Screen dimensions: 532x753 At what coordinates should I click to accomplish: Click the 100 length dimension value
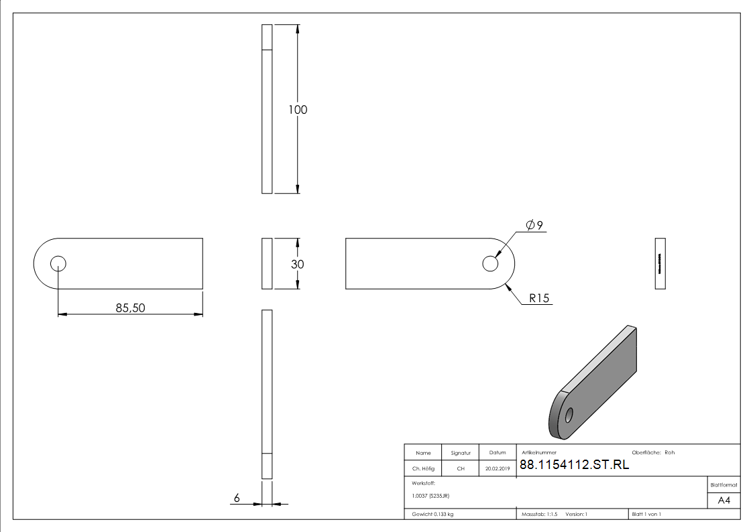[298, 109]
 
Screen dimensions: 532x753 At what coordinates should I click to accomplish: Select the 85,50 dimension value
[130, 308]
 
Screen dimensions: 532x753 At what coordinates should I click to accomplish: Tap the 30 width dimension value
[297, 264]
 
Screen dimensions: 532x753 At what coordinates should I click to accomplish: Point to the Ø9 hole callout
[534, 225]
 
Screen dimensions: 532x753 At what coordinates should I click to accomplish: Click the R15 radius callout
[539, 298]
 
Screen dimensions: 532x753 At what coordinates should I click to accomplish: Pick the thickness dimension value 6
[237, 498]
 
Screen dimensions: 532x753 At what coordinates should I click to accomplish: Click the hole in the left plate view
[58, 263]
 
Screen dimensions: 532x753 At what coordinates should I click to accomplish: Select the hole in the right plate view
[490, 264]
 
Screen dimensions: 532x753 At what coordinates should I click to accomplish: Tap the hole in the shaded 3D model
[569, 415]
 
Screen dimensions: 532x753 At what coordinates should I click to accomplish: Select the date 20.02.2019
[497, 468]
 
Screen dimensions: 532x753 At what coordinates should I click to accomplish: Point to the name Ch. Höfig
[423, 468]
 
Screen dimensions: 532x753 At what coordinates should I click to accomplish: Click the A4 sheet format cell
[724, 501]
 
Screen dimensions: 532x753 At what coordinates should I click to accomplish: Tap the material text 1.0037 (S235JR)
[430, 495]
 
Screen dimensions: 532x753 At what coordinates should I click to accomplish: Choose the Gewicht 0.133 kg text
[432, 514]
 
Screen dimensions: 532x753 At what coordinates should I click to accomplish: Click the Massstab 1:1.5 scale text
[540, 514]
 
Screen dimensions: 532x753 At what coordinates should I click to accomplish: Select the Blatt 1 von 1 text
[646, 514]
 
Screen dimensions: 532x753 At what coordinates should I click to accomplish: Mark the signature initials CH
[461, 468]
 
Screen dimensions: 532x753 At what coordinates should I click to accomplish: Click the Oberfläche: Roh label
[653, 452]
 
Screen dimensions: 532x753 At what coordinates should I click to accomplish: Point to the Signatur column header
[461, 452]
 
